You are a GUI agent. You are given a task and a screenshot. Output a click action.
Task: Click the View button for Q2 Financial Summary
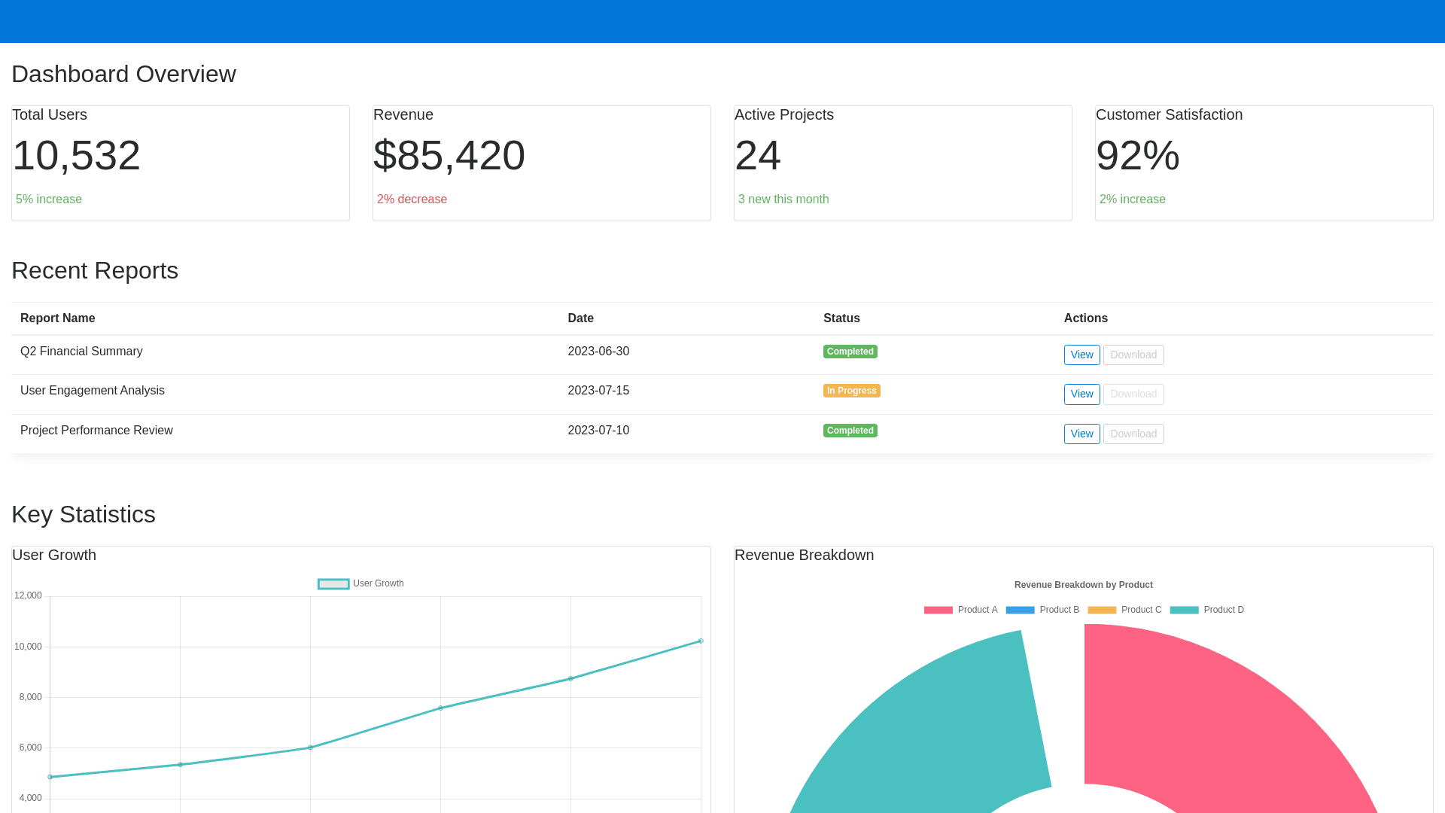[x=1081, y=355]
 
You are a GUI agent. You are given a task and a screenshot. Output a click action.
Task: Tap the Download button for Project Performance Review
[x=1133, y=434]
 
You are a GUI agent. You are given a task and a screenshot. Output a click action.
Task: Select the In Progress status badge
[x=851, y=391]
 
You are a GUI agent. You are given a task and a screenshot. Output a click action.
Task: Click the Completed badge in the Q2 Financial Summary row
[x=850, y=352]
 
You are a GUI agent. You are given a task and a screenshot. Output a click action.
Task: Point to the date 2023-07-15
[x=598, y=391]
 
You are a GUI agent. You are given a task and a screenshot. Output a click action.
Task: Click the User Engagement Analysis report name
[x=93, y=391]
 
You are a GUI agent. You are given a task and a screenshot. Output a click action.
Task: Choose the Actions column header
[x=1085, y=318]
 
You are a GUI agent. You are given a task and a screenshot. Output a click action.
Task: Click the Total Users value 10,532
[x=76, y=156]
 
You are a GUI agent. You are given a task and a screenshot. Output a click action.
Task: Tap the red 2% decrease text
[x=412, y=199]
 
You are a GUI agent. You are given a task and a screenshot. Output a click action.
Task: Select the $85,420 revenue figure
[x=449, y=156]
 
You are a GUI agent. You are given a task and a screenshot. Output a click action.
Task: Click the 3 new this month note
[x=783, y=199]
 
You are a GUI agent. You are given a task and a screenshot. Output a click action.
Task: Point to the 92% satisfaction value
[x=1137, y=156]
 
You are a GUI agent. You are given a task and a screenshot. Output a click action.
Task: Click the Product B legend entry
[x=1042, y=610]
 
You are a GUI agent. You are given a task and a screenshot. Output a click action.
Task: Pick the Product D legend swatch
[x=1184, y=610]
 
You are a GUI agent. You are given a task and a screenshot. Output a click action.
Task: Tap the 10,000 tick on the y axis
[x=28, y=647]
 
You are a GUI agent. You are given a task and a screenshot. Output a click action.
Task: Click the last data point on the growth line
[x=701, y=641]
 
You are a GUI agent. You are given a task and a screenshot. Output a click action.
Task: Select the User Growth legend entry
[x=360, y=583]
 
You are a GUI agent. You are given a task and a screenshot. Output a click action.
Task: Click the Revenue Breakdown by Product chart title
[x=1083, y=585]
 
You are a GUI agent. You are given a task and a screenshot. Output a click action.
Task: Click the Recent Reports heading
[x=95, y=271]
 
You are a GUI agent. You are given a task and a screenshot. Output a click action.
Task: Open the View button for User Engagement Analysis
[x=1081, y=394]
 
